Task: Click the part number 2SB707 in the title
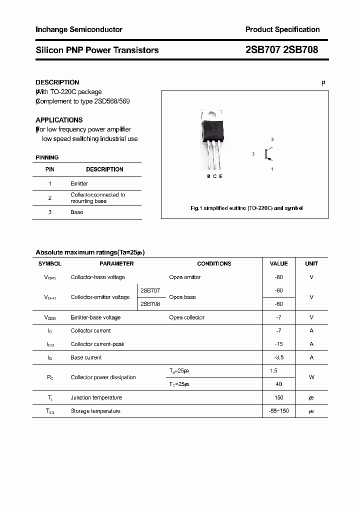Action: coord(263,50)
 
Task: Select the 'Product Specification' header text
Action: coord(282,29)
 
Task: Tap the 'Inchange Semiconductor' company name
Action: coord(79,29)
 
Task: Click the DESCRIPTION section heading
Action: coord(57,82)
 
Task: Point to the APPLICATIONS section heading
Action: coord(59,120)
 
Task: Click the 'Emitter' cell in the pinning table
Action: coord(79,183)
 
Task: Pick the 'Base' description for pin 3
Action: coord(77,212)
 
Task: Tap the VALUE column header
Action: coord(278,263)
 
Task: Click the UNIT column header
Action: coord(311,263)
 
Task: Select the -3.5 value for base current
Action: coord(278,357)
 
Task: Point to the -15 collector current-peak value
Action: coord(278,344)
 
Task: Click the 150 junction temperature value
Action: coord(278,397)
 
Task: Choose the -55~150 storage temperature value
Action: coord(278,411)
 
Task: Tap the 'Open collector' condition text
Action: coord(186,317)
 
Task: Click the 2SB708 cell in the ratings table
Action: coord(150,303)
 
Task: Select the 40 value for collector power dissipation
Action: coord(278,384)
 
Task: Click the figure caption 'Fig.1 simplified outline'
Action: coord(246,208)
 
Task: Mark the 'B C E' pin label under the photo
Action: coord(214,176)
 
